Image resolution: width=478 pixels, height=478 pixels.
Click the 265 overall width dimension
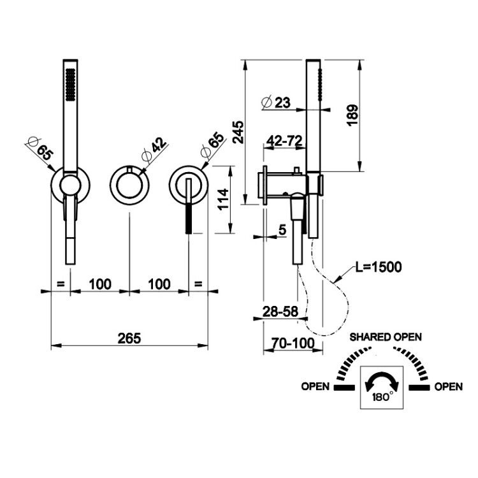click(x=129, y=338)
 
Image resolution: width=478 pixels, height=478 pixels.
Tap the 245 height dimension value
click(x=238, y=132)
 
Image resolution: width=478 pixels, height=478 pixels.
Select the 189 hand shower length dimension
click(x=352, y=115)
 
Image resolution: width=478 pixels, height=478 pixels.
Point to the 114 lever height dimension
click(x=223, y=199)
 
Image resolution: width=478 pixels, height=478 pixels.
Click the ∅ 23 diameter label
click(x=276, y=103)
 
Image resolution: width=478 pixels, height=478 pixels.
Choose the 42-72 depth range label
click(x=284, y=141)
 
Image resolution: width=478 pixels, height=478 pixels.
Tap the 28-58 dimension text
click(x=280, y=311)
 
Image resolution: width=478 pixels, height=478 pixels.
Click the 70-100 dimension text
click(x=293, y=344)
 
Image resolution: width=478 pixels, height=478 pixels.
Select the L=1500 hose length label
click(x=379, y=267)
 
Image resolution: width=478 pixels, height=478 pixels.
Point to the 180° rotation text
click(x=382, y=397)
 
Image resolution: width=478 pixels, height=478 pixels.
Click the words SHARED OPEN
click(x=386, y=337)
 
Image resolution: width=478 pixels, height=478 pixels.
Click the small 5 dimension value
click(x=282, y=230)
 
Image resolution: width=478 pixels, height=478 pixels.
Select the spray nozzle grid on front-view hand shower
click(x=70, y=84)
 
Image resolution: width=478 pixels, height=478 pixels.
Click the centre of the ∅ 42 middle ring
click(x=129, y=185)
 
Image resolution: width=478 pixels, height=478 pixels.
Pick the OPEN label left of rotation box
click(x=315, y=387)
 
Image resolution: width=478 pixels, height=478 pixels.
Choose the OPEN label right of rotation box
click(x=449, y=387)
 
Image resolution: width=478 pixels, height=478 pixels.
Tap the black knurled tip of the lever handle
click(x=189, y=218)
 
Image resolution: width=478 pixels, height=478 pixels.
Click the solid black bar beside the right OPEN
click(x=419, y=387)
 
